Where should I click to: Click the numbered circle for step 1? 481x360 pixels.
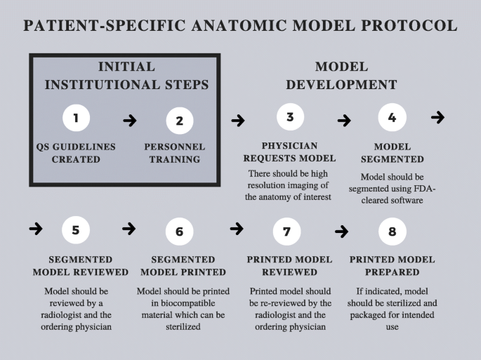click(77, 118)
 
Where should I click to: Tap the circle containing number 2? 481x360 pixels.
click(179, 120)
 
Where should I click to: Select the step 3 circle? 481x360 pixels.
click(290, 117)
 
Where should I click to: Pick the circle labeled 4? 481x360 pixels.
click(392, 117)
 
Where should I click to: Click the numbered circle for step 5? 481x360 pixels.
click(76, 229)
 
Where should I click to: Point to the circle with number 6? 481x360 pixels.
click(179, 231)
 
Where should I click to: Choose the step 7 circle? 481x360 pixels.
click(286, 230)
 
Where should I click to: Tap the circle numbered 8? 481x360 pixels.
click(392, 230)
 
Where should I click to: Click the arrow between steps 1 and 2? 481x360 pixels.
click(130, 121)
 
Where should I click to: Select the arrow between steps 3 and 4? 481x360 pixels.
click(344, 121)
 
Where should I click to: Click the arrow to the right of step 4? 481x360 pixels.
click(437, 117)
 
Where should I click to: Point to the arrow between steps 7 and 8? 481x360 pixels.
click(342, 232)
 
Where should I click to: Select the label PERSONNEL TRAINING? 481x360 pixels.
click(175, 153)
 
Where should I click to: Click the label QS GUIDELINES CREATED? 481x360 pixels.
click(76, 153)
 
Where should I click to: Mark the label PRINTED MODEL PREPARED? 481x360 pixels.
click(392, 266)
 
